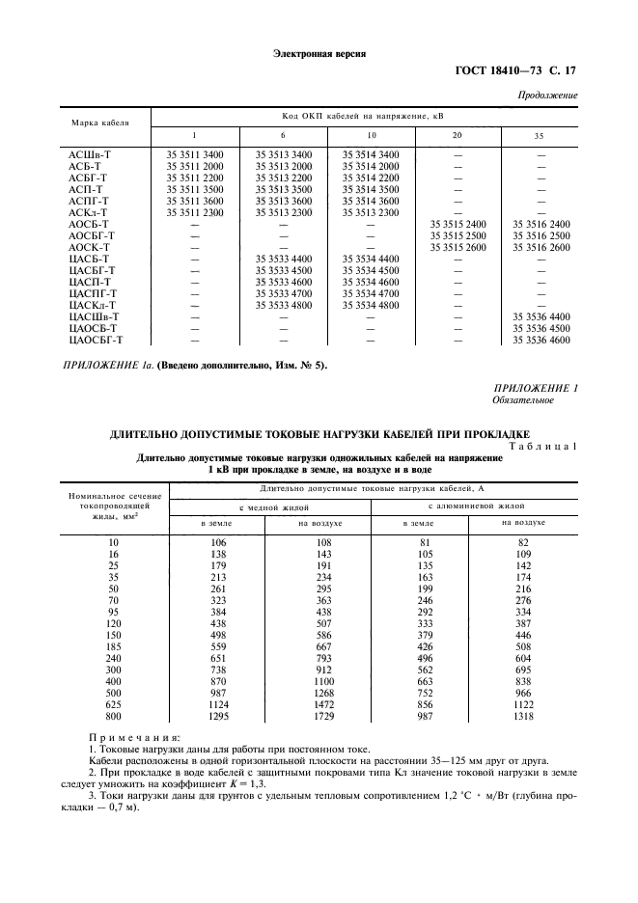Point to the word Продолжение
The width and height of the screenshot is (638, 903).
coord(548,96)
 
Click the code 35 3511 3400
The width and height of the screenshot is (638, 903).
coord(195,154)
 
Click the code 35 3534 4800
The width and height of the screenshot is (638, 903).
coord(370,305)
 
